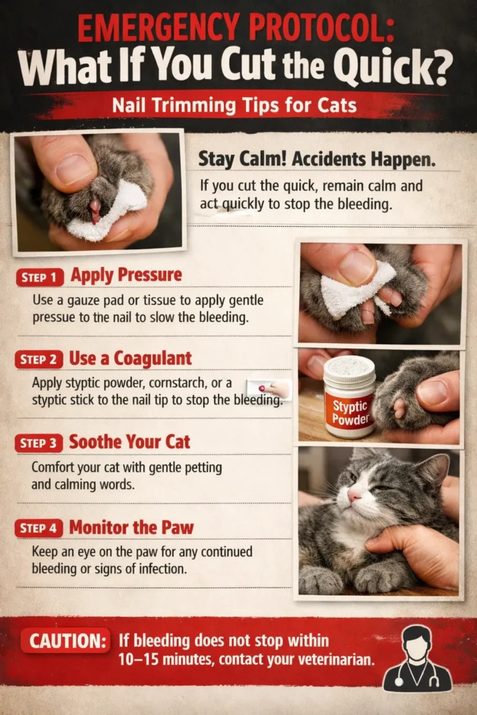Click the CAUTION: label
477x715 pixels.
pos(65,641)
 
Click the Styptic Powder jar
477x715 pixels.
pos(349,397)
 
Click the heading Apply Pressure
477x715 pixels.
pos(126,275)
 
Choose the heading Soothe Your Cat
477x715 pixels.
pos(129,442)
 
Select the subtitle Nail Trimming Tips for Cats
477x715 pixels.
pos(237,106)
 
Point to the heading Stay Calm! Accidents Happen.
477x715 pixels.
pos(317,159)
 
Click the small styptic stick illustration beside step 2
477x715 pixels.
pos(270,388)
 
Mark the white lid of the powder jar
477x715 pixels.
pos(349,367)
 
